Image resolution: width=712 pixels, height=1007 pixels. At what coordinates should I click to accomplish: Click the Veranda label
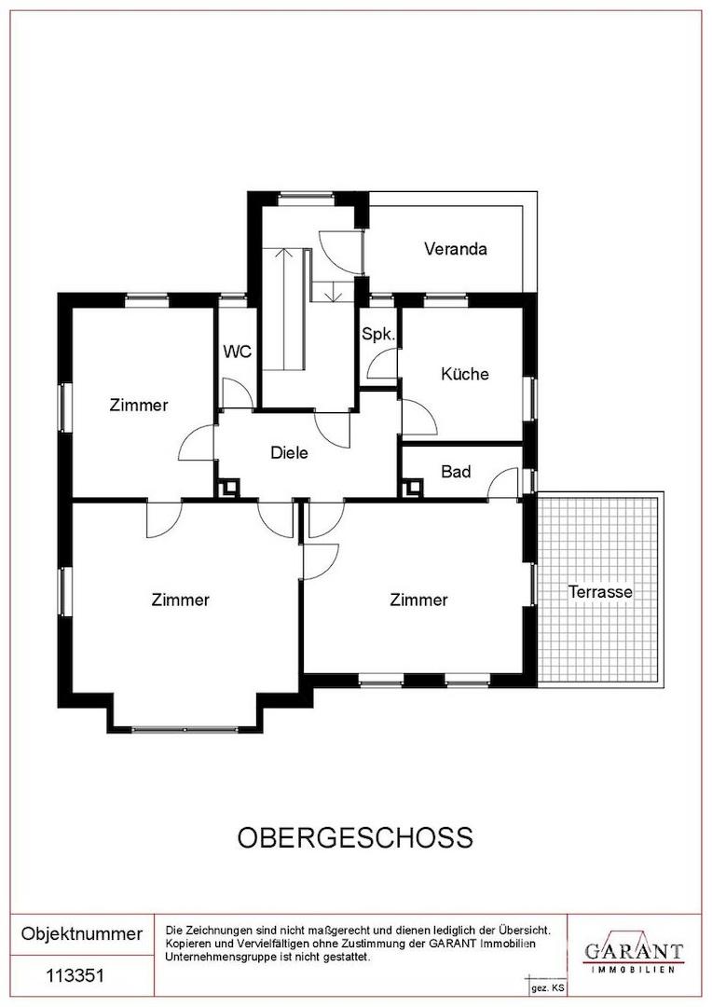tap(456, 249)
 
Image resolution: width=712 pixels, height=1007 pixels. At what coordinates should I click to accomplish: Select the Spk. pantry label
tap(378, 334)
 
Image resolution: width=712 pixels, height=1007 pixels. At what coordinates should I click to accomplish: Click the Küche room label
tap(464, 374)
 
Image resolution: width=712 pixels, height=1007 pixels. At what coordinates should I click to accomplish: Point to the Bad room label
tap(456, 472)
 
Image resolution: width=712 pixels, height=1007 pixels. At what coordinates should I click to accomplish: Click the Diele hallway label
tap(289, 453)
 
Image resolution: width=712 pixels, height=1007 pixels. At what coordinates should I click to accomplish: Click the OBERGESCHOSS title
tap(355, 836)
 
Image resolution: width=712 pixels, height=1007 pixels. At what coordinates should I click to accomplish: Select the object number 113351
tap(75, 976)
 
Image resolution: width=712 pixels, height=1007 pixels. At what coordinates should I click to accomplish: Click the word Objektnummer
tap(82, 933)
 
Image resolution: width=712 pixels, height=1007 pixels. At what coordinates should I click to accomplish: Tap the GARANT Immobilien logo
tap(633, 953)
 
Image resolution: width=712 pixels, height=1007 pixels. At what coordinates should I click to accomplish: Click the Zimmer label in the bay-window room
tap(181, 600)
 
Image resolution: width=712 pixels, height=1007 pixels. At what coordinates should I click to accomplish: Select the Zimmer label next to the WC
tap(139, 405)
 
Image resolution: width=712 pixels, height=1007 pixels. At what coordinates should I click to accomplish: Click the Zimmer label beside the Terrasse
tap(418, 600)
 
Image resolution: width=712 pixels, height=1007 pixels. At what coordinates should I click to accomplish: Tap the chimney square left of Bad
tap(410, 487)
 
